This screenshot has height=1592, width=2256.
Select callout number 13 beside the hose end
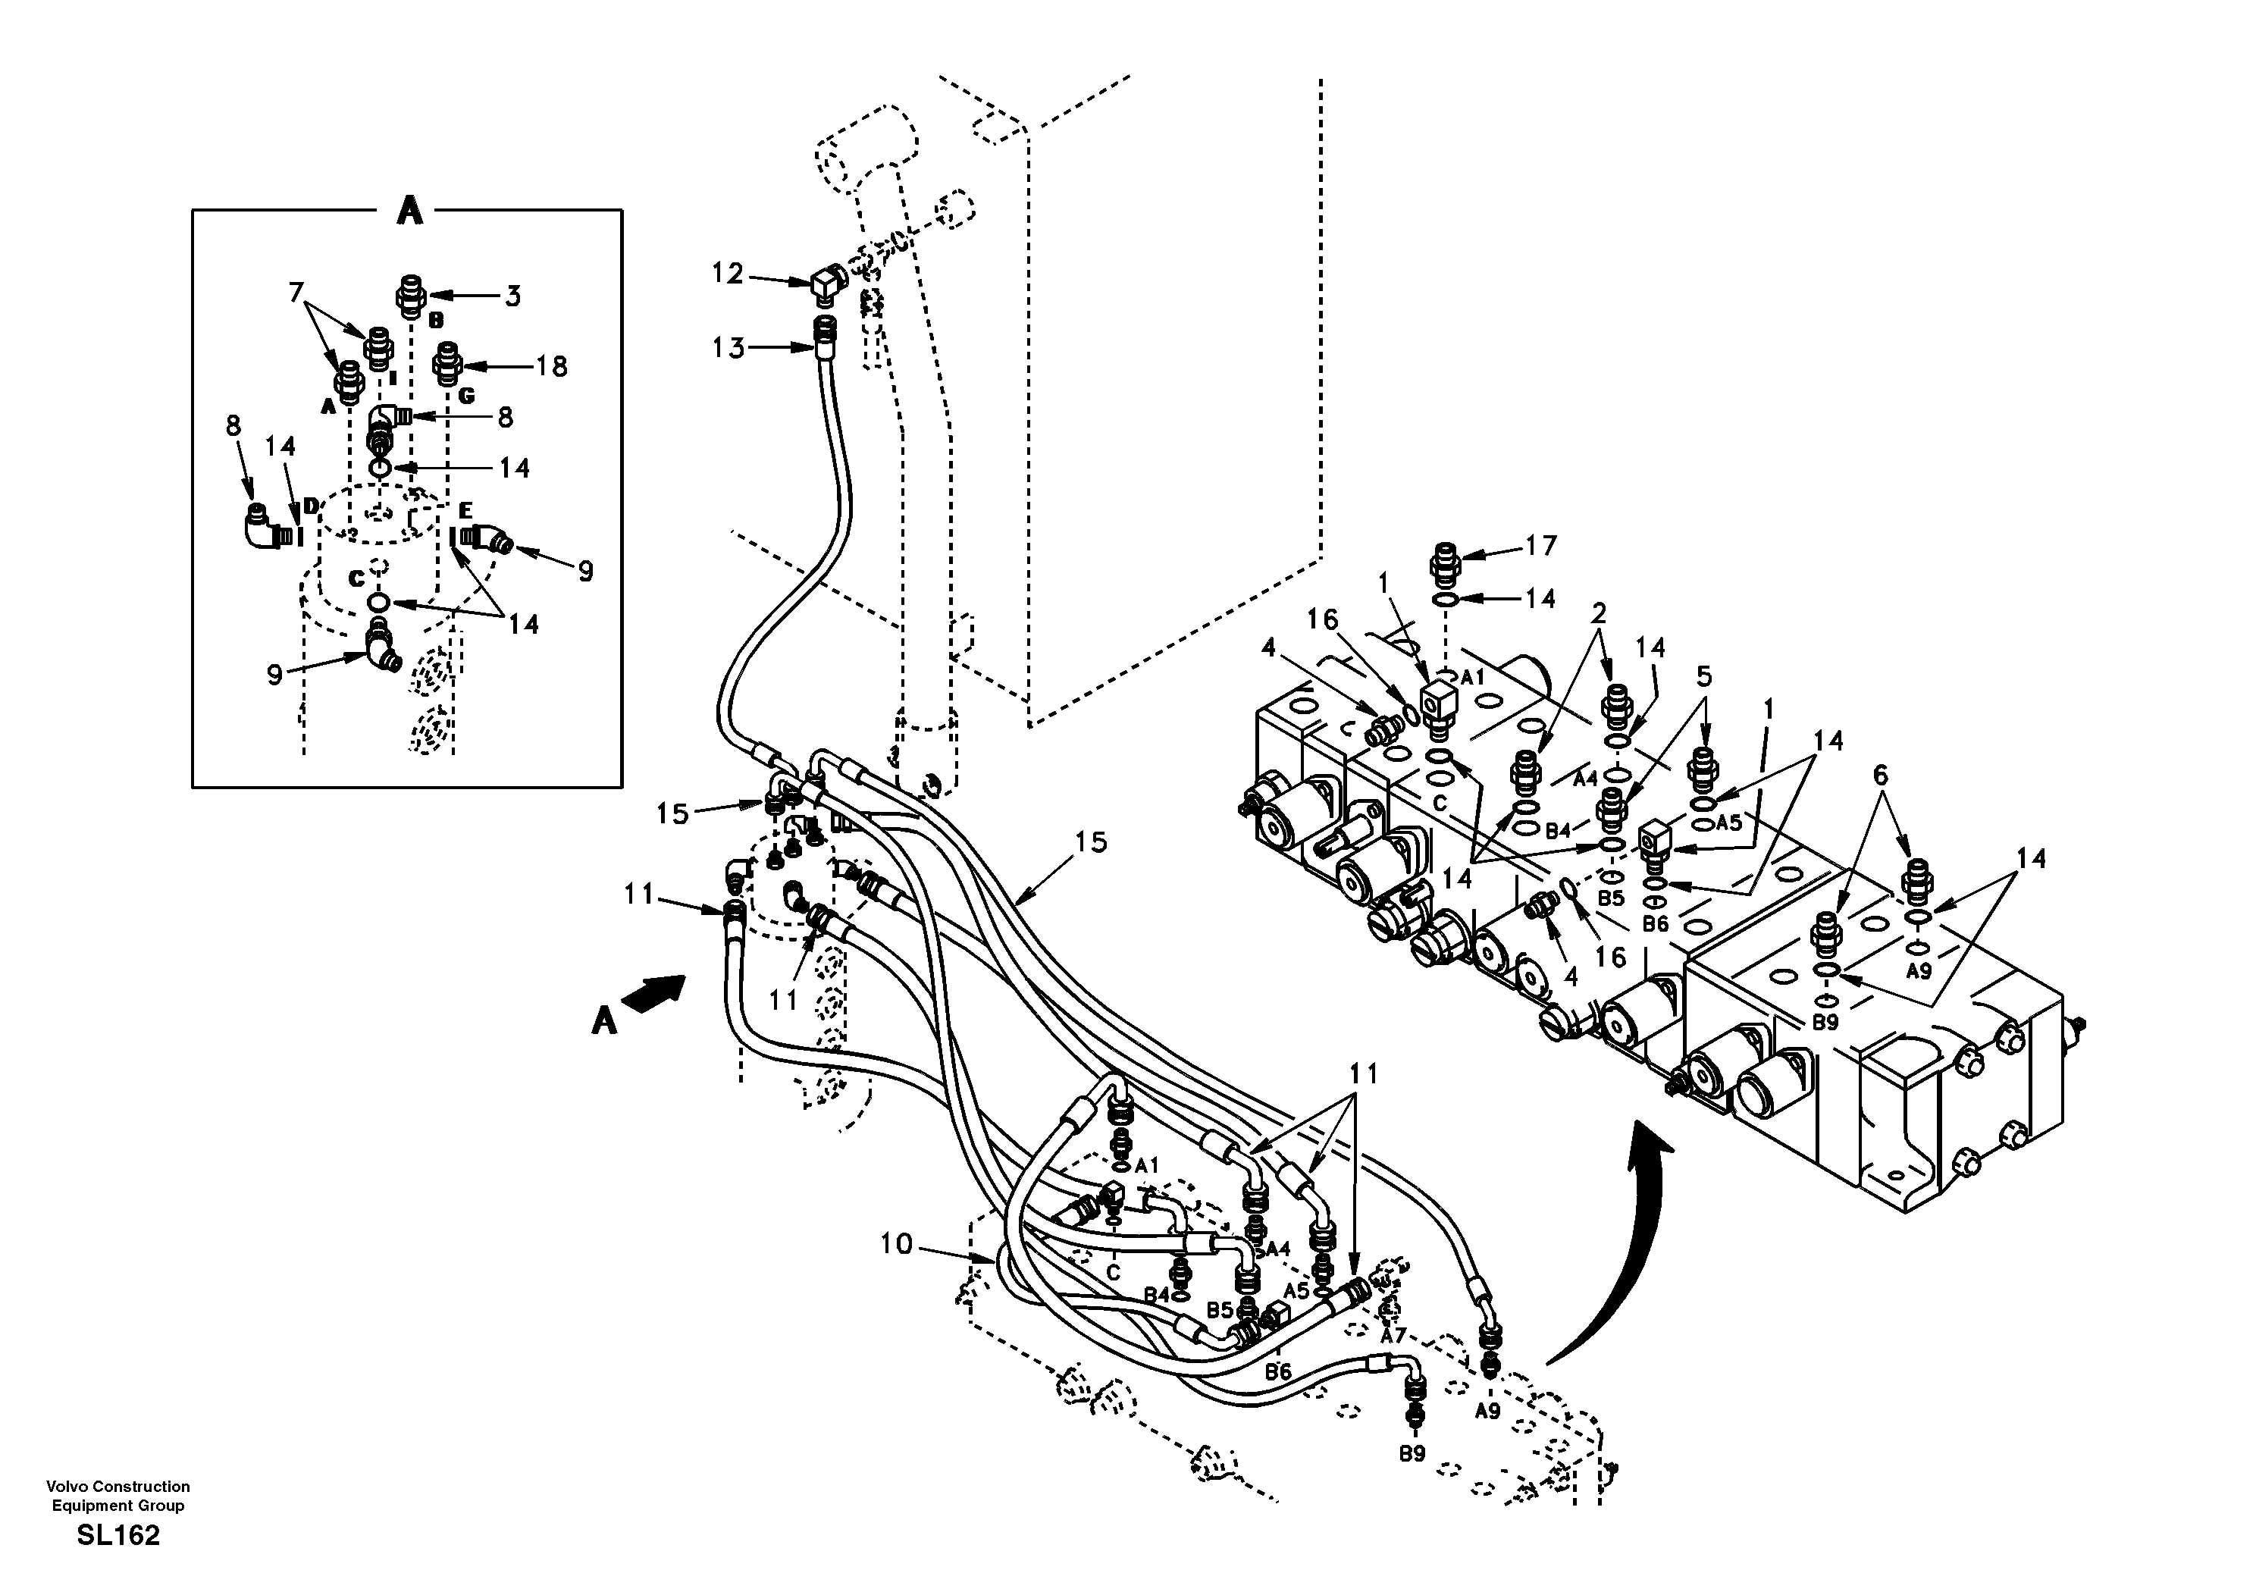[728, 348]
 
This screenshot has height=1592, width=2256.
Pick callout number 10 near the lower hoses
[895, 1245]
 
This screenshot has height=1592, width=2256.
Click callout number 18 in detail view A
[551, 367]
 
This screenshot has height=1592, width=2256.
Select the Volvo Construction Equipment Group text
[118, 1496]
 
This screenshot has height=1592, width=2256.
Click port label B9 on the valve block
[1825, 1023]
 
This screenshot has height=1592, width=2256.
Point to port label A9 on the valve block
[1918, 972]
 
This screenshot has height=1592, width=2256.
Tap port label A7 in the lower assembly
[1393, 1337]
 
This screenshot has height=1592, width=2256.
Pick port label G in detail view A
[467, 396]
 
